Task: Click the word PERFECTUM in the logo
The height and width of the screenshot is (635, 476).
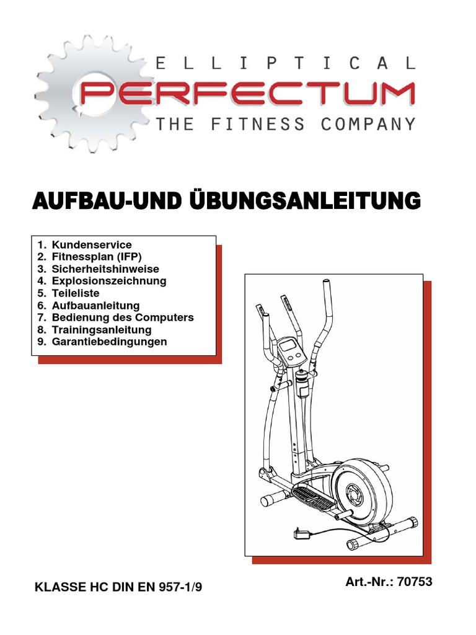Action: click(248, 94)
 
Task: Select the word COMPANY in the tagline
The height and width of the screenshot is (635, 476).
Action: click(368, 124)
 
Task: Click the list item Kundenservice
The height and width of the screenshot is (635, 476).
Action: click(92, 245)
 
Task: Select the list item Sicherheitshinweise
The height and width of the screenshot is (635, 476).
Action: click(105, 269)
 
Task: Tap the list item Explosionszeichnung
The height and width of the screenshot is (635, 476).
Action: click(109, 281)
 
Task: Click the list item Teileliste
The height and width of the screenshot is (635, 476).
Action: click(76, 293)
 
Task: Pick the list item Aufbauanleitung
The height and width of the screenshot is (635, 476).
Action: click(95, 305)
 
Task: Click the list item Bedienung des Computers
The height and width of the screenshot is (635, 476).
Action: click(123, 317)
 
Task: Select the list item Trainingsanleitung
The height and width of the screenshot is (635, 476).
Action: click(102, 329)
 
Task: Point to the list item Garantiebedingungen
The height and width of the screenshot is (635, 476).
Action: click(109, 342)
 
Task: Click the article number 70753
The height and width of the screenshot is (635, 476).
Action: click(415, 582)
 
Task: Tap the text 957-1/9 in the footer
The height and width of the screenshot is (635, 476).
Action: click(180, 587)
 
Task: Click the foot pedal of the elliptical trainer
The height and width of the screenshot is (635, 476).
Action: click(312, 495)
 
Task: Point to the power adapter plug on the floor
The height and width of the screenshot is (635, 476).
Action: click(300, 533)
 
